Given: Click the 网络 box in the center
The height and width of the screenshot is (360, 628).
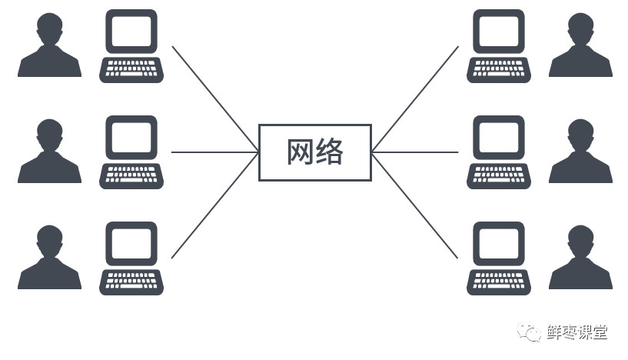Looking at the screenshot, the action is [x=314, y=152].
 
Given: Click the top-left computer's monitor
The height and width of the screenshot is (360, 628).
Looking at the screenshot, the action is [x=131, y=32].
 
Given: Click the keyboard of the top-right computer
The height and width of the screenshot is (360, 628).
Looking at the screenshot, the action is [x=497, y=70].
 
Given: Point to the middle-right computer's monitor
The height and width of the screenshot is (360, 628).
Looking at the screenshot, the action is [x=497, y=137].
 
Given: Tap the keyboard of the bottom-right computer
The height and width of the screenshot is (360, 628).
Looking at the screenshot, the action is [x=497, y=282].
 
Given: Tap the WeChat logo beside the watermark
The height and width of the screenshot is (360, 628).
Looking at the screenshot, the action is [x=530, y=332].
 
